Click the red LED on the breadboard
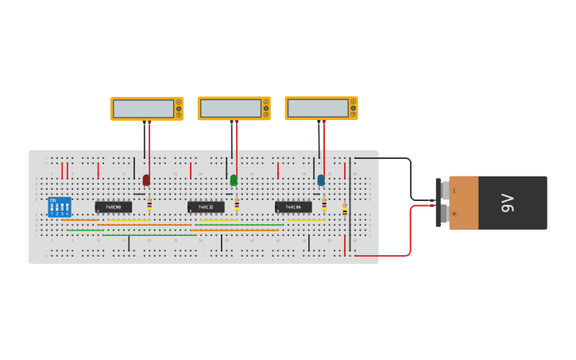(146, 180)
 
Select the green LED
(234, 180)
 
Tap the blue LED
(321, 180)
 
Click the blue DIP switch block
(60, 207)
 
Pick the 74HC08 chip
(114, 207)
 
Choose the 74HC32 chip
(206, 207)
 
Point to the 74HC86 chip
(293, 207)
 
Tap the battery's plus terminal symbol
(454, 215)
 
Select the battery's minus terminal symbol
(454, 191)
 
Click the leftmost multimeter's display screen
(143, 108)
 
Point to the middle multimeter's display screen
(230, 107)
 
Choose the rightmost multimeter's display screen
(318, 107)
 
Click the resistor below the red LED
(149, 205)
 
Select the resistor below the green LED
(237, 205)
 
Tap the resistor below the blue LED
(324, 205)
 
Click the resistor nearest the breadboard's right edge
(345, 210)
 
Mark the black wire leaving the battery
(410, 179)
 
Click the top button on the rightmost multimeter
(354, 102)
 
